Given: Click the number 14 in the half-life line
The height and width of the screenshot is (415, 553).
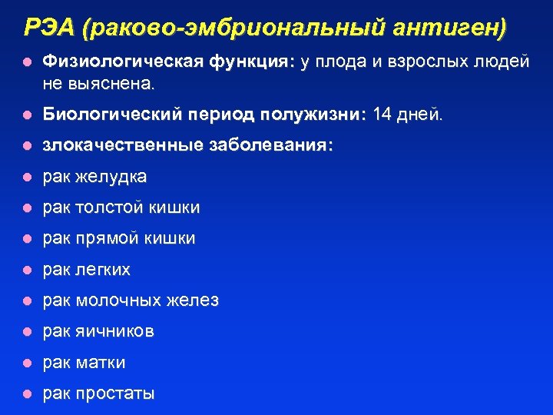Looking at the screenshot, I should [x=382, y=115].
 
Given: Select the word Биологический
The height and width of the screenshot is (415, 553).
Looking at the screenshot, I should [x=112, y=115].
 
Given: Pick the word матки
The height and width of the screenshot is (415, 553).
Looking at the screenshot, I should [x=102, y=363].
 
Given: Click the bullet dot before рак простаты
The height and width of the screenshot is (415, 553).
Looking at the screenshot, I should [x=27, y=394].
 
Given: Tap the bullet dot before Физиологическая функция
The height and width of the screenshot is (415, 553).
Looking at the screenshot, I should [x=27, y=61].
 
